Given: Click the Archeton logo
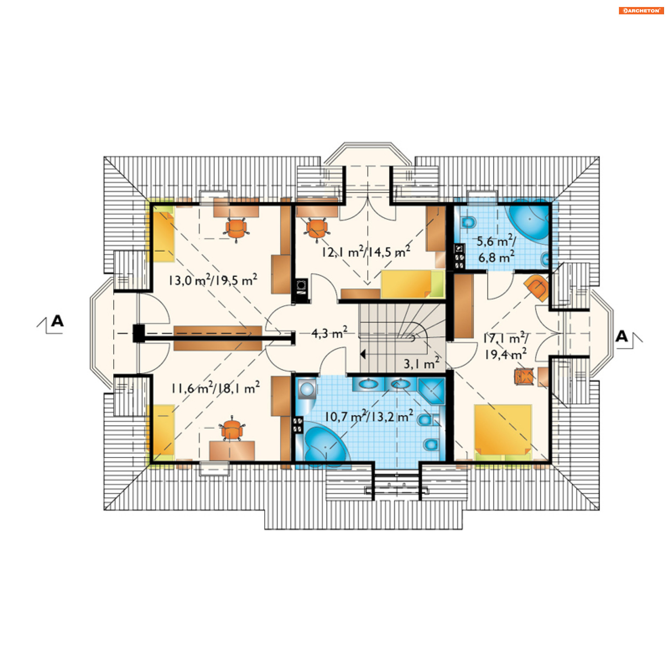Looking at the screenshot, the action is tap(641, 10).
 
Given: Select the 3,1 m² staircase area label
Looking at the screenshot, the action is tap(421, 363).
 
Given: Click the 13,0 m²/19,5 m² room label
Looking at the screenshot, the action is tap(213, 280).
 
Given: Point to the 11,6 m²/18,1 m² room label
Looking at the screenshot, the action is tap(215, 388).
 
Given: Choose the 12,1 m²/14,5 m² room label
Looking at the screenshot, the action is tap(366, 251).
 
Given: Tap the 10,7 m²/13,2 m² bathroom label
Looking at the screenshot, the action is tap(369, 416).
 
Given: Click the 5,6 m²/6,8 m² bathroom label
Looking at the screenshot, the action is tap(496, 249).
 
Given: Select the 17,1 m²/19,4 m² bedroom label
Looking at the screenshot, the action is tap(506, 346).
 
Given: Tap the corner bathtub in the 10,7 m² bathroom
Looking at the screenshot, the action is tap(325, 444).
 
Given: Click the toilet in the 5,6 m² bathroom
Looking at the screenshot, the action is tap(468, 222).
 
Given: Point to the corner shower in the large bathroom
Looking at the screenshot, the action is tap(431, 391).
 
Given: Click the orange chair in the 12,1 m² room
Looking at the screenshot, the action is tap(317, 229).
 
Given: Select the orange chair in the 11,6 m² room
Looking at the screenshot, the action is tap(232, 428).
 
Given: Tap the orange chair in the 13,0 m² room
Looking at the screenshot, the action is tap(236, 229).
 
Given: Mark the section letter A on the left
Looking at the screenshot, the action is tap(57, 321).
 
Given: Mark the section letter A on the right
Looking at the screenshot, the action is tap(621, 336).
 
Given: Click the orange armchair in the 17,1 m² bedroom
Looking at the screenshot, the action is tap(537, 288).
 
